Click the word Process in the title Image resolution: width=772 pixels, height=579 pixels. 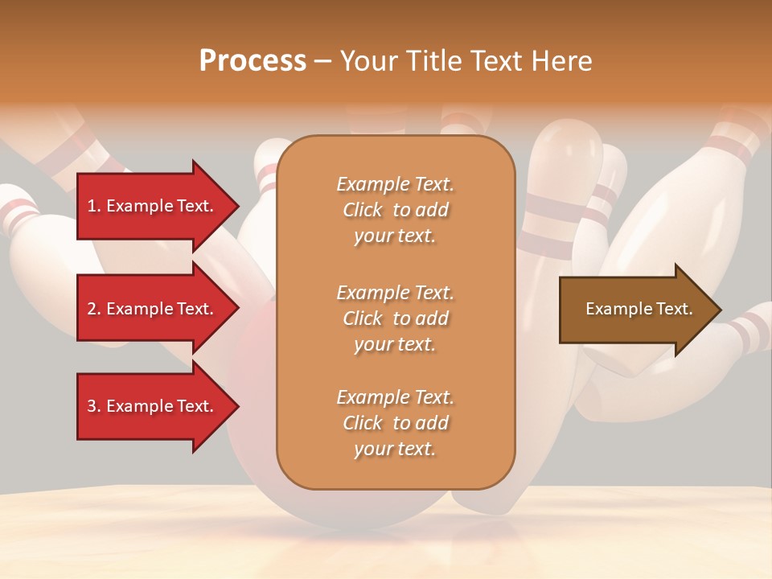pos(253,61)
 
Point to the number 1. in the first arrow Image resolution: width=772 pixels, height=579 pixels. pos(93,206)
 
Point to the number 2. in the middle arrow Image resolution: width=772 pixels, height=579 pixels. pos(93,309)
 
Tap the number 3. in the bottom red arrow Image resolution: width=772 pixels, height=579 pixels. pos(93,406)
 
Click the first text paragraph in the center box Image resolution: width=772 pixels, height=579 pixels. pos(395,210)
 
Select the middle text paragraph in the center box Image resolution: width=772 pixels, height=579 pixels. pos(395,318)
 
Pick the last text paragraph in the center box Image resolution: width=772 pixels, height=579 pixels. pos(395,423)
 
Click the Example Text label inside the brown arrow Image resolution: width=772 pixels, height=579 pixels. pos(639,309)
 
